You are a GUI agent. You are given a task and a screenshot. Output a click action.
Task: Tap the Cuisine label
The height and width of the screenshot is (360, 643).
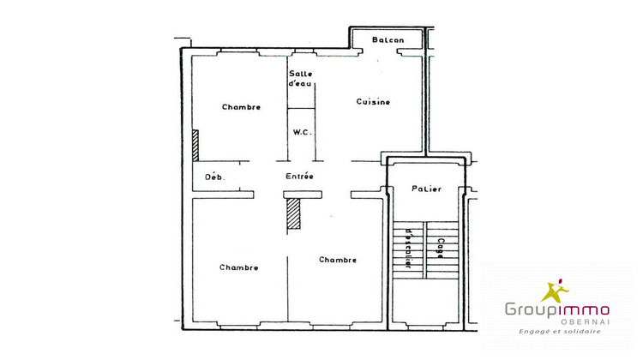373,102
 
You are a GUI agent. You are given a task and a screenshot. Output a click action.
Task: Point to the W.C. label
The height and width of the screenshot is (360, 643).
301,132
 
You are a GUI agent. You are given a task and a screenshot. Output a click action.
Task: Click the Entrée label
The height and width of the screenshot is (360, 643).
299,177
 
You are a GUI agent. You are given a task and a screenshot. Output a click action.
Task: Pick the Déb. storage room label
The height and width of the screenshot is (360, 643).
213,177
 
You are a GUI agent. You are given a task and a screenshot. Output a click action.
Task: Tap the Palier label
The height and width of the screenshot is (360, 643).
426,189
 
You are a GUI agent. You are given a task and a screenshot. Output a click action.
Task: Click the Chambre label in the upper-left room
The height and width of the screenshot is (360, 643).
241,107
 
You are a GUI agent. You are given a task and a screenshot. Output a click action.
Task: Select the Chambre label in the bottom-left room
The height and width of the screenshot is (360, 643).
238,267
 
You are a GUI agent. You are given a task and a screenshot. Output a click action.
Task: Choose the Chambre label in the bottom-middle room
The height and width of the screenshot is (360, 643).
338,260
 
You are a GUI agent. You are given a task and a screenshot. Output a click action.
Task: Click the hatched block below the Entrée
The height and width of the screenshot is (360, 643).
295,213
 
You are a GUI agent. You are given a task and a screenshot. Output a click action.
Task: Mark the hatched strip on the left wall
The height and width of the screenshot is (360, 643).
195,145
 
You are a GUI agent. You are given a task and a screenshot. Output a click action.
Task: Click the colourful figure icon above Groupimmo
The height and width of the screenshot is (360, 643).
556,290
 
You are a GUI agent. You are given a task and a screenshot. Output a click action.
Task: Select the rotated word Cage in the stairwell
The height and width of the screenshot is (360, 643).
441,248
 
